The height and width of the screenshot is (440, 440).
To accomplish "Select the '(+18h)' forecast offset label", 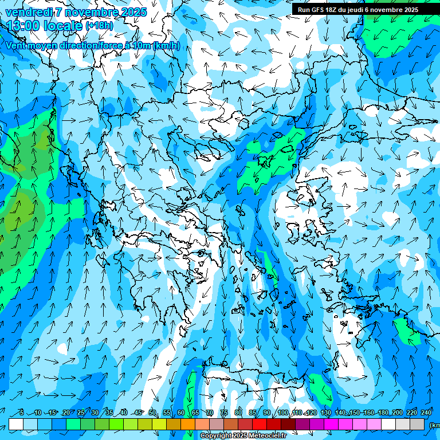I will point(99,26).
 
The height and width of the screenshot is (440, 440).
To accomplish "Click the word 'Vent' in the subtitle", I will point(17,45).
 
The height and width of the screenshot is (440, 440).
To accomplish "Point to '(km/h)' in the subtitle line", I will point(166,45).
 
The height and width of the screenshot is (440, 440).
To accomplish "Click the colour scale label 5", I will point(21,413).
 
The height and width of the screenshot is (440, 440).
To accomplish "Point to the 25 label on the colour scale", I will point(81,413).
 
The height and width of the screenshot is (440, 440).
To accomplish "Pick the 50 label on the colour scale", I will point(152,413).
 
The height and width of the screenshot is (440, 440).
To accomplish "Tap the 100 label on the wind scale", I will point(283,413).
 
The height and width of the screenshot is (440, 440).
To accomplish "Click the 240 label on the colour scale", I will point(426,413).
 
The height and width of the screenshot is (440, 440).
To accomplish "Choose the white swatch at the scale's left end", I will point(16,424).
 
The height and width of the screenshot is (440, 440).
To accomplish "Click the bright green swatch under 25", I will point(73,424).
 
